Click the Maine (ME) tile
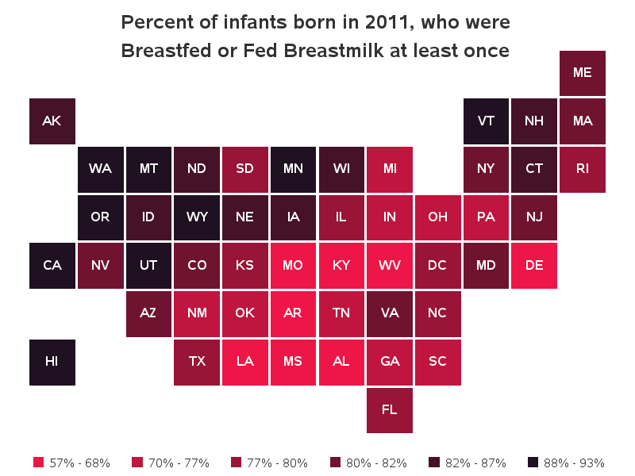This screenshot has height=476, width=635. pyautogui.click(x=583, y=72)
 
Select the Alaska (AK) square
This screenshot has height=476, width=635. pyautogui.click(x=52, y=121)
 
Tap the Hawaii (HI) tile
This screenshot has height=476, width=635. pyautogui.click(x=52, y=362)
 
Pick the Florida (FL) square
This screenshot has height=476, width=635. pyautogui.click(x=389, y=410)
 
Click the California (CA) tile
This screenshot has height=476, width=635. pyautogui.click(x=52, y=265)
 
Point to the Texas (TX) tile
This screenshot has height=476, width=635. pyautogui.click(x=197, y=362)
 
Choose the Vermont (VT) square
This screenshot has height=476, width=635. pyautogui.click(x=486, y=121)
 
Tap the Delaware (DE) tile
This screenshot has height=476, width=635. pyautogui.click(x=534, y=265)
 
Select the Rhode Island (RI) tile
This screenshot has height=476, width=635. pyautogui.click(x=583, y=169)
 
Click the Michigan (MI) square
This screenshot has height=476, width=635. pyautogui.click(x=389, y=169)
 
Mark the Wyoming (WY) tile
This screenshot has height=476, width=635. pyautogui.click(x=197, y=217)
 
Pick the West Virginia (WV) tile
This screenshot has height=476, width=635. pyautogui.click(x=389, y=265)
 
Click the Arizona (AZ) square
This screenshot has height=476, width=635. pyautogui.click(x=148, y=313)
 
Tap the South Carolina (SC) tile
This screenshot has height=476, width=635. pyautogui.click(x=437, y=362)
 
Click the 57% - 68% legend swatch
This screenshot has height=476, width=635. pyautogui.click(x=38, y=463)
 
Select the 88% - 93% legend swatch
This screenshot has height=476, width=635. pyautogui.click(x=533, y=463)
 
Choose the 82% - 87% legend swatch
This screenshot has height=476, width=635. pyautogui.click(x=433, y=463)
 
